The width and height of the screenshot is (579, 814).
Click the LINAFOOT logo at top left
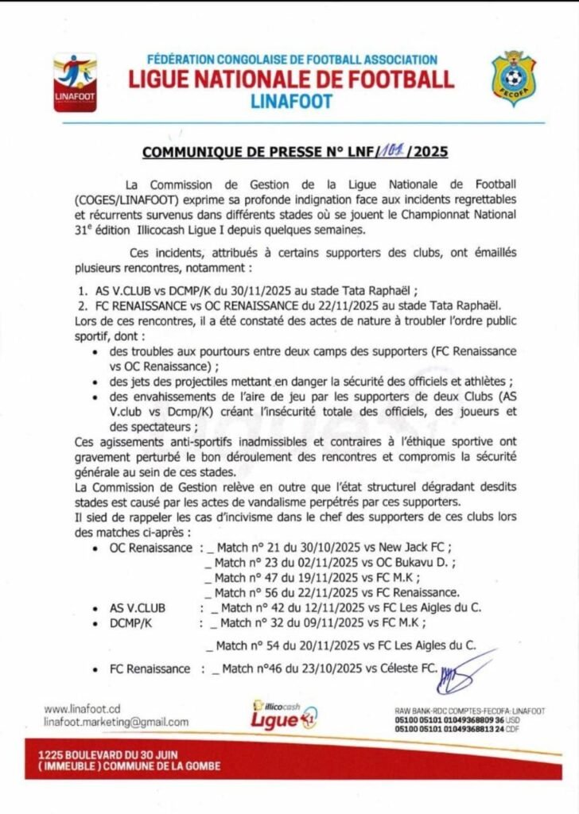74,82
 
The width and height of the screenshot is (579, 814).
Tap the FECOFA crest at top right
513,79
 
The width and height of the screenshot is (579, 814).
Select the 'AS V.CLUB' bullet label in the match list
138,608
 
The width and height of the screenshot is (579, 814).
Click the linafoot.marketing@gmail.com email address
117,722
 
